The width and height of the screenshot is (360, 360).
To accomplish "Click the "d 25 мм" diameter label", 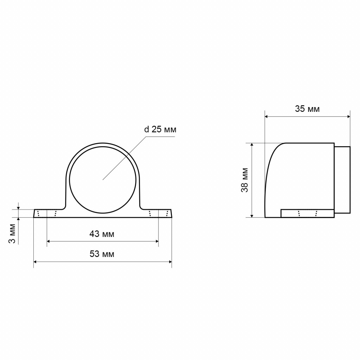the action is pyautogui.click(x=160, y=129).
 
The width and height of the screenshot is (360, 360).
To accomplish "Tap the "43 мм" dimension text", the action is pyautogui.click(x=102, y=234).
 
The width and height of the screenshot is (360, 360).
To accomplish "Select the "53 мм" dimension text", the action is pyautogui.click(x=102, y=254).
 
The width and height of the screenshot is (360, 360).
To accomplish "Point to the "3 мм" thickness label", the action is pyautogui.click(x=12, y=233).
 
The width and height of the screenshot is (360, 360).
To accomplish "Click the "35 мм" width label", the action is pyautogui.click(x=307, y=109).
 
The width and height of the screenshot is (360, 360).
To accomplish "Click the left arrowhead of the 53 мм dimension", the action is pyautogui.click(x=35, y=262).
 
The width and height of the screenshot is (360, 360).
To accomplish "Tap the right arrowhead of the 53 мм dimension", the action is pyautogui.click(x=170, y=262).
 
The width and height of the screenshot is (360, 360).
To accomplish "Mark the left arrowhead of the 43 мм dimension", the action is pyautogui.click(x=49, y=241).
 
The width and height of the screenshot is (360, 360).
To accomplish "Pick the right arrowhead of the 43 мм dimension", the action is pyautogui.click(x=157, y=241).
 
